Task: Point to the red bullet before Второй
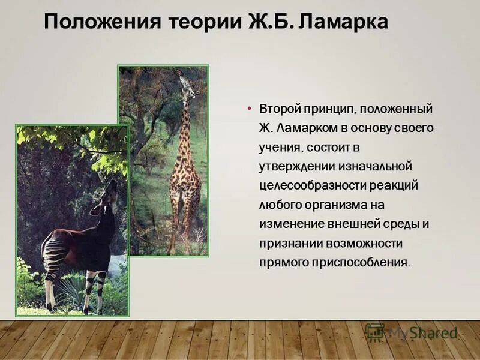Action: (x=248, y=109)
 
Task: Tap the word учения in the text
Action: (x=278, y=148)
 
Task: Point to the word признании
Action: (x=287, y=243)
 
